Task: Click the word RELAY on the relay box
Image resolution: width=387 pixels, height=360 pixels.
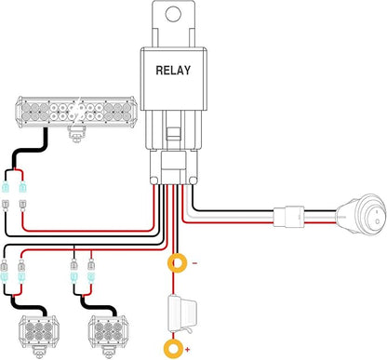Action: coord(173,71)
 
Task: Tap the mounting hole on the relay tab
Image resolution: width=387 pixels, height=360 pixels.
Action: coord(173,14)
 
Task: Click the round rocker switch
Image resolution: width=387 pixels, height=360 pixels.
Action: coord(362,215)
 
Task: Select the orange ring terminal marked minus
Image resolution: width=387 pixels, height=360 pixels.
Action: coord(177,263)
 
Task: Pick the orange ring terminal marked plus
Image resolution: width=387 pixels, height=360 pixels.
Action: coord(173,349)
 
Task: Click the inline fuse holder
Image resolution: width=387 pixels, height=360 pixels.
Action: coord(181,313)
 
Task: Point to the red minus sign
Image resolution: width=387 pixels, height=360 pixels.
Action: coord(194,263)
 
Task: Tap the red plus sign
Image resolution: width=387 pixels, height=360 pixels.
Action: coord(188,350)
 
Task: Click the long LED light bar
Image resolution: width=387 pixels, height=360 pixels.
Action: coord(76,112)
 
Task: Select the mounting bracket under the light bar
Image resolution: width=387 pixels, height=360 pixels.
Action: coord(76,134)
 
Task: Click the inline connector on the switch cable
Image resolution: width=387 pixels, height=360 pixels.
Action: coord(288,217)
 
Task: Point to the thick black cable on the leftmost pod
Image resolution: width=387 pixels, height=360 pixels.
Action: coord(29,307)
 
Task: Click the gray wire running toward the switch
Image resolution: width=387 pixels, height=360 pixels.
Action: coord(231,215)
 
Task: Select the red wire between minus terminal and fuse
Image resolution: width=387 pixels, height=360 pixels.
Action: coord(173,284)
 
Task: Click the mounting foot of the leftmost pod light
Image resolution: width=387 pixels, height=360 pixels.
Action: coord(39,353)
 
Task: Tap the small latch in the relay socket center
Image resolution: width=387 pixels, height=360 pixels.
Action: coord(173,133)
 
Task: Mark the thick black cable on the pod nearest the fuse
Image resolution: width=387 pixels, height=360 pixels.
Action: coord(99,307)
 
